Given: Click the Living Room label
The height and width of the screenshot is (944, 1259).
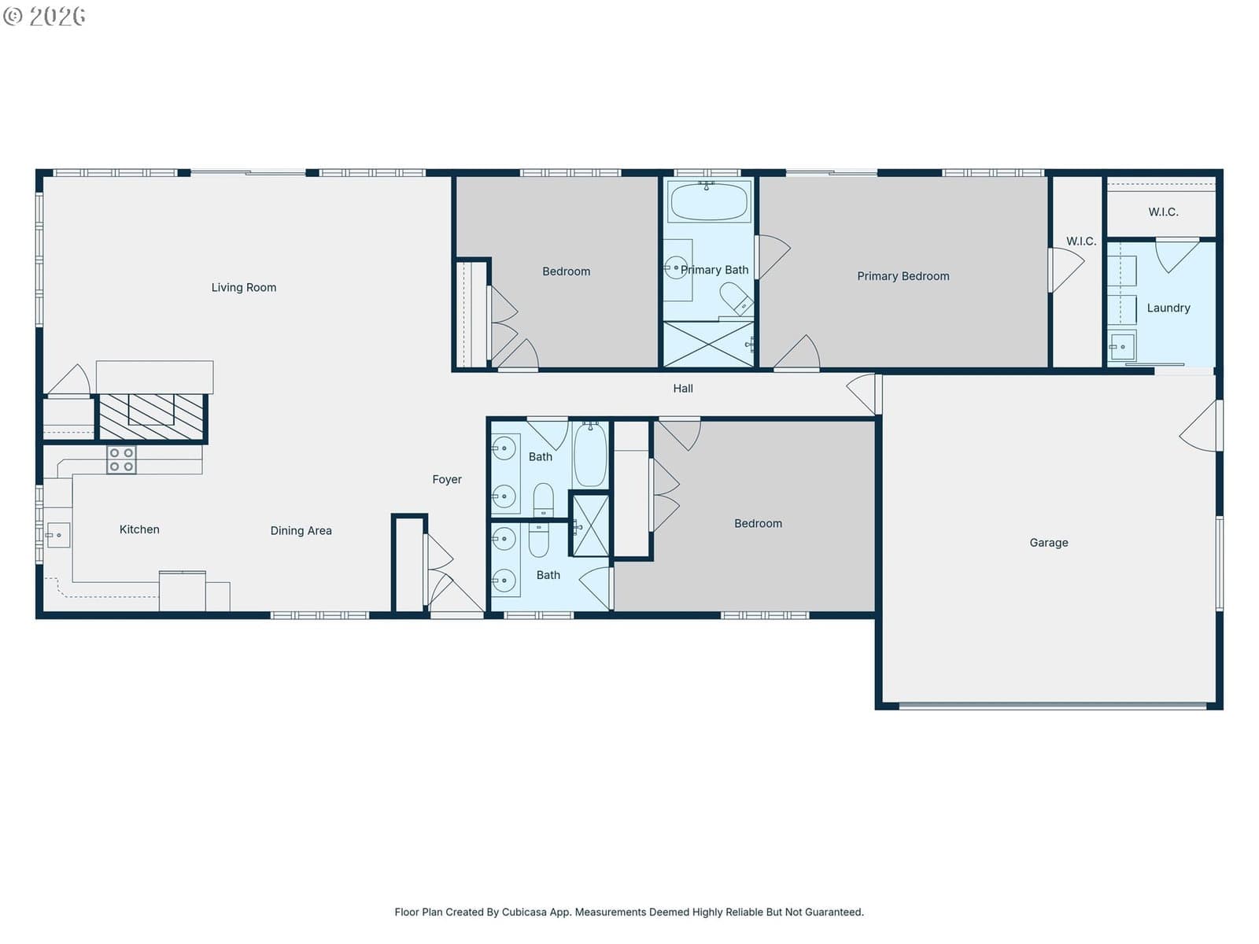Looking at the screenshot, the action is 244,287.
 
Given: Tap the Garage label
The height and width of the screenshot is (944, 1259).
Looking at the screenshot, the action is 1048,543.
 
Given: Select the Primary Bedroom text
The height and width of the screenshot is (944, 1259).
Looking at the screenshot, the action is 903,276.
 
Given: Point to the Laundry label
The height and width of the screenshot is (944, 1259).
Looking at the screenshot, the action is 1169,308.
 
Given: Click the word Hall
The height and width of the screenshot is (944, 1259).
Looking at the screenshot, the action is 682,389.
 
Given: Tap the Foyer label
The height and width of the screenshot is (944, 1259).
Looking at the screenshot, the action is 447,479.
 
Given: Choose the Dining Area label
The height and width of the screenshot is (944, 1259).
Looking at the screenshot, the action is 301,531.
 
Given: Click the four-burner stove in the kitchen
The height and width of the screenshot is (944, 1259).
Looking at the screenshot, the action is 122,459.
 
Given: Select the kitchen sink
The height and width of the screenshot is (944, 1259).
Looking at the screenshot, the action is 58,536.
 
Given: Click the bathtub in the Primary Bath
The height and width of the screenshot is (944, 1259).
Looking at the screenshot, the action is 709,201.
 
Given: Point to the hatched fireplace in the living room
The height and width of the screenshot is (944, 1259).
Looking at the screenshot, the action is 151,417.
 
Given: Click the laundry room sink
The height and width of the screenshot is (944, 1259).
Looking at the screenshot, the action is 1122,347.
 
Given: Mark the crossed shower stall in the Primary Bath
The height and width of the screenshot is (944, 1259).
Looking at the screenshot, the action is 708,344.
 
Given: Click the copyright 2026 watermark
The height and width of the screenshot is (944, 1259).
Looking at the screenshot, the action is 44,16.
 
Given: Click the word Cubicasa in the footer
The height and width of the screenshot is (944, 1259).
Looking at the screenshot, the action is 524,912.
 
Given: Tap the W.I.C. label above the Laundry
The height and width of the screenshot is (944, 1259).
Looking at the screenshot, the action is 1163,212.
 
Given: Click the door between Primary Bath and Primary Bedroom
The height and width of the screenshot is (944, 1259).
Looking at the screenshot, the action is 772,256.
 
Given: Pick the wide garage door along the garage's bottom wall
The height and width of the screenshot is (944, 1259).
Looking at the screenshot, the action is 1053,706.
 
